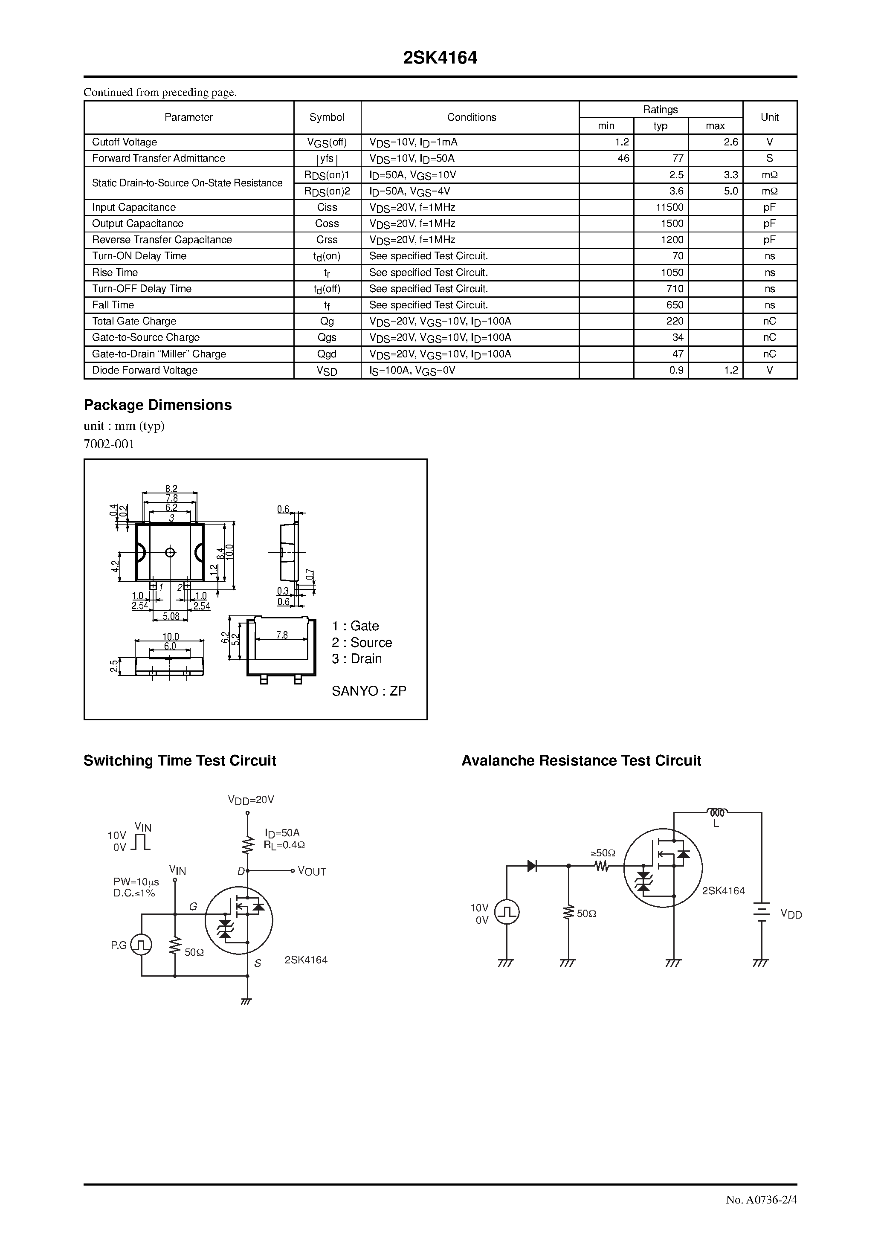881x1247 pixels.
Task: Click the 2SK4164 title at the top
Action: click(x=440, y=58)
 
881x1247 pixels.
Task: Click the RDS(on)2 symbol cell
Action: click(x=327, y=191)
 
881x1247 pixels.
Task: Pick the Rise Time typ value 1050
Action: click(x=672, y=273)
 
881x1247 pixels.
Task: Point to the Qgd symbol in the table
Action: click(x=327, y=354)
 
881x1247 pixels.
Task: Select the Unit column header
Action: click(x=769, y=117)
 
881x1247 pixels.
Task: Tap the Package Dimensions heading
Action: click(x=157, y=405)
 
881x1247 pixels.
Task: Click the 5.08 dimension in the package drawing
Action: click(x=171, y=616)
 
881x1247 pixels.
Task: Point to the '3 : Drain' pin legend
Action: click(x=357, y=659)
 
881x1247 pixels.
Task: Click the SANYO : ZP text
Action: click(x=369, y=691)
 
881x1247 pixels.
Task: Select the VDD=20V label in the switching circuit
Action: click(x=251, y=800)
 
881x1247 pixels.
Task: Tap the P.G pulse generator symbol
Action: click(x=141, y=945)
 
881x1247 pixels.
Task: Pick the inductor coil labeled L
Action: click(x=717, y=813)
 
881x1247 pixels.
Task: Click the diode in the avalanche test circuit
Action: click(x=532, y=866)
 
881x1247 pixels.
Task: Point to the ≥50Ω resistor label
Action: click(x=603, y=853)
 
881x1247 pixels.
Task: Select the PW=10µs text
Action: click(x=136, y=882)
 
